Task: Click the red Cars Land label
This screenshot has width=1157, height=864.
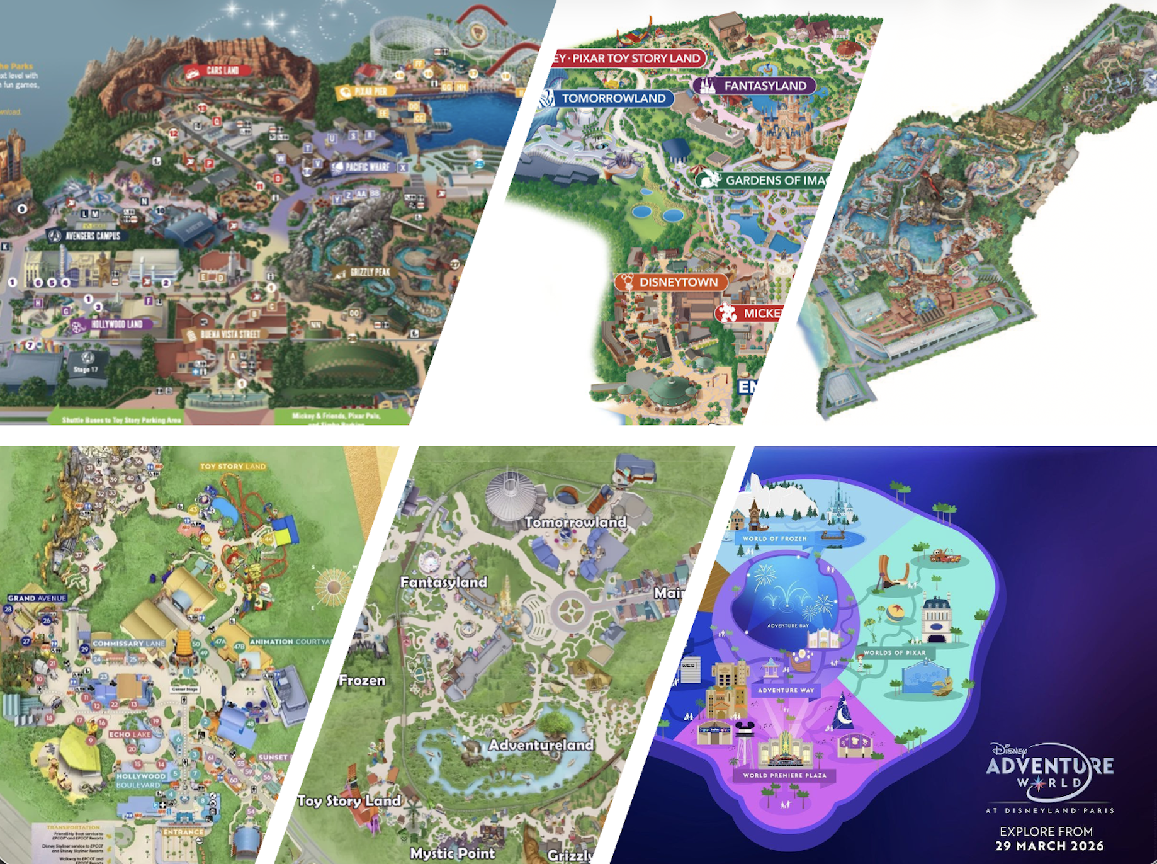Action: (x=218, y=71)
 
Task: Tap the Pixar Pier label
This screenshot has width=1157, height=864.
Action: (x=366, y=92)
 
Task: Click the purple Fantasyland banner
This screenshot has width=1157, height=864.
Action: (x=755, y=86)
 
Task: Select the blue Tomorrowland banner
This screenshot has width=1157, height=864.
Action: (x=607, y=98)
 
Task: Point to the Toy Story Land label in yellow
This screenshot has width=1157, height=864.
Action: (x=233, y=467)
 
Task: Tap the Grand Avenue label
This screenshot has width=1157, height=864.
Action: (x=37, y=598)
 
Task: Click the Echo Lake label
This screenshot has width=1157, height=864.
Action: (x=130, y=734)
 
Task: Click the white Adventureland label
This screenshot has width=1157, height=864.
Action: (x=541, y=745)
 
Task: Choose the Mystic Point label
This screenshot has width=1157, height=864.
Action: (x=453, y=853)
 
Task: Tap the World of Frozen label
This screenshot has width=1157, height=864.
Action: (x=774, y=538)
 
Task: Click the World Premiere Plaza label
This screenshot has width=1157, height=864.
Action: (x=784, y=775)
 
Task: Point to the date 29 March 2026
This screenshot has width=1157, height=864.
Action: (x=1049, y=846)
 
